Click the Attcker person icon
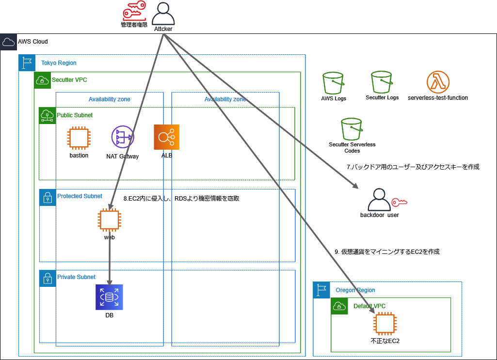click(163, 14)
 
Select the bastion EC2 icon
click(79, 138)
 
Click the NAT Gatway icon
click(122, 138)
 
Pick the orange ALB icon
click(166, 137)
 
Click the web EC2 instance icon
click(109, 220)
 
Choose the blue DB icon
click(109, 297)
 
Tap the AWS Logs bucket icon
click(334, 83)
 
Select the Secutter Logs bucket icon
click(382, 82)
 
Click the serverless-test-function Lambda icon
click(438, 82)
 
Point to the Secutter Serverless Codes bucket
click(352, 128)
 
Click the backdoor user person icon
click(379, 199)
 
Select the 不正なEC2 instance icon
click(385, 324)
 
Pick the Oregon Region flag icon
click(321, 290)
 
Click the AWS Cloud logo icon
click(8, 42)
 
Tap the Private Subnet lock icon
click(48, 278)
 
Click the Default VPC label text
click(369, 306)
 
